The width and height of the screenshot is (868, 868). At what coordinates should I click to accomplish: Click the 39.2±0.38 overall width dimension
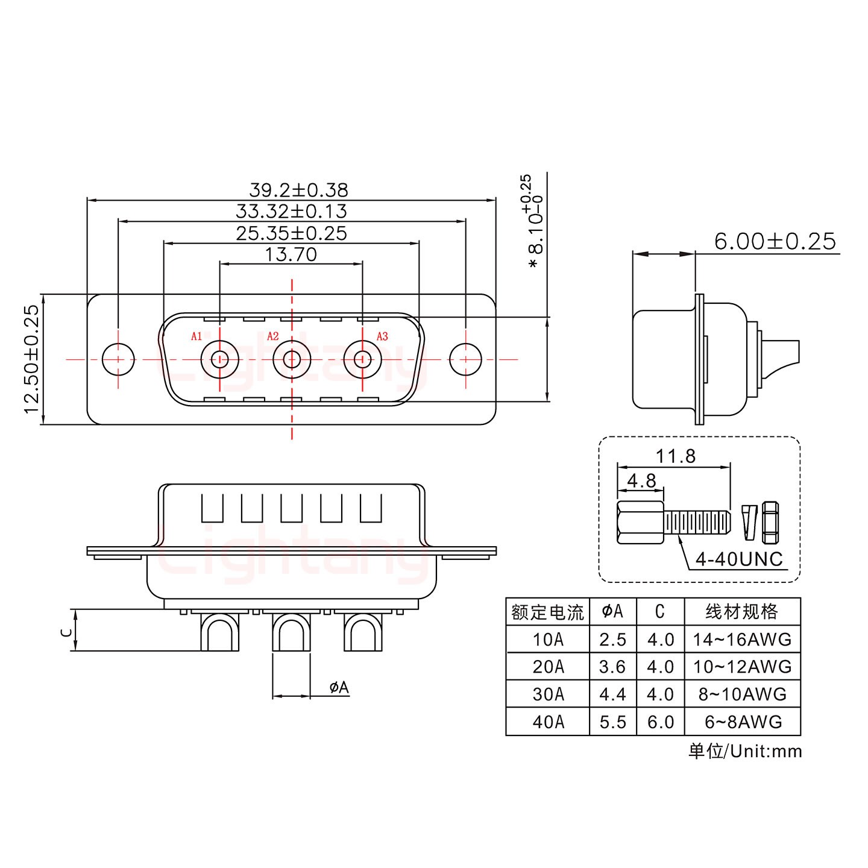coord(298,190)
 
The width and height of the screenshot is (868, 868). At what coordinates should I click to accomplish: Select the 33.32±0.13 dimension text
coord(291,212)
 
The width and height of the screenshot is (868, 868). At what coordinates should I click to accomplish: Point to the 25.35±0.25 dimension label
coord(291,233)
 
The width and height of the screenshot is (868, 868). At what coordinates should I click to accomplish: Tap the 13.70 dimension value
coord(291,254)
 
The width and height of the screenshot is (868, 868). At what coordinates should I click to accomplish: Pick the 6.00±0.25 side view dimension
coord(775,242)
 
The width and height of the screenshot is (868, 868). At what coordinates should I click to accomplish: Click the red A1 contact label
coord(197,336)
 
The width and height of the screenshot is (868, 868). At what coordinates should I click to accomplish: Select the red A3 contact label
coord(382,336)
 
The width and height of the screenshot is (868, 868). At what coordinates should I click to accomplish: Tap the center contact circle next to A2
coord(292,359)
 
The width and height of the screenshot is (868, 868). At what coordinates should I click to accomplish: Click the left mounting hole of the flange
coord(118,359)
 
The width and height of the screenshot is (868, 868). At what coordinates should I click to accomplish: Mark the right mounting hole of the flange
coord(465,359)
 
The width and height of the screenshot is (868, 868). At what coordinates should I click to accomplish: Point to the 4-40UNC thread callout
coord(739,559)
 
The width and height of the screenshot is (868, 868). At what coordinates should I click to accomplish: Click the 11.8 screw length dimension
coord(675,456)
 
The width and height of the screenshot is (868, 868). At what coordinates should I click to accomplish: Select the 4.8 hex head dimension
coord(641,480)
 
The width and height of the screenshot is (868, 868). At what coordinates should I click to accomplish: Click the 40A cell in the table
coord(548,722)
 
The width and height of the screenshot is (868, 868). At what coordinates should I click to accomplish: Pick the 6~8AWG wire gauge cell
coord(743,722)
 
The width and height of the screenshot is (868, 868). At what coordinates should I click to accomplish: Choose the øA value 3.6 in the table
coord(612,667)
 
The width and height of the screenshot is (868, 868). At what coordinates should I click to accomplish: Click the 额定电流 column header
coord(547,612)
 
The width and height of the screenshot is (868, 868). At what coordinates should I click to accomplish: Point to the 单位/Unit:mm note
coord(745,751)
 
